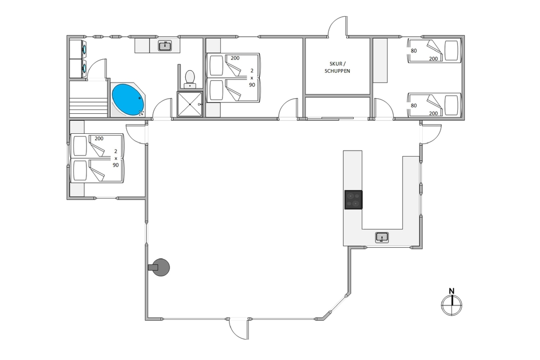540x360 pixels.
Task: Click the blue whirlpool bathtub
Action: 128,99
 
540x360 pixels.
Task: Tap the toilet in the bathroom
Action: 190,79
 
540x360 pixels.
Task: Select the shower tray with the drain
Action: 190,104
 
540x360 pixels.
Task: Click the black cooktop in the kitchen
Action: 353,200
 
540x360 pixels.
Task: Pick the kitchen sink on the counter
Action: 382,237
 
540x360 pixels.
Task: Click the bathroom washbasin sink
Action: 165,45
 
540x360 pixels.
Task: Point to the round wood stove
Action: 159,267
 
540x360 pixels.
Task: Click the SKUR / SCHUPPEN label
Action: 337,67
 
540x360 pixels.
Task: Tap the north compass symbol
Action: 451,305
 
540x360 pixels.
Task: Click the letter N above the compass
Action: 451,291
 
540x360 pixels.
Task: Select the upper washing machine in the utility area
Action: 78,49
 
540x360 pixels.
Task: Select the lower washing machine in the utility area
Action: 78,69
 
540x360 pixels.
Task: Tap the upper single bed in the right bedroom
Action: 434,51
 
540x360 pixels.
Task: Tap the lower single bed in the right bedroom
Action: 434,105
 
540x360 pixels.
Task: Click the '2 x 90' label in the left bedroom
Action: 116,158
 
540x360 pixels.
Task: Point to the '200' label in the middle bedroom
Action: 235,58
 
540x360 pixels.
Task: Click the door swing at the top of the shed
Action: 337,26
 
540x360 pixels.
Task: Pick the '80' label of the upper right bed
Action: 414,51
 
